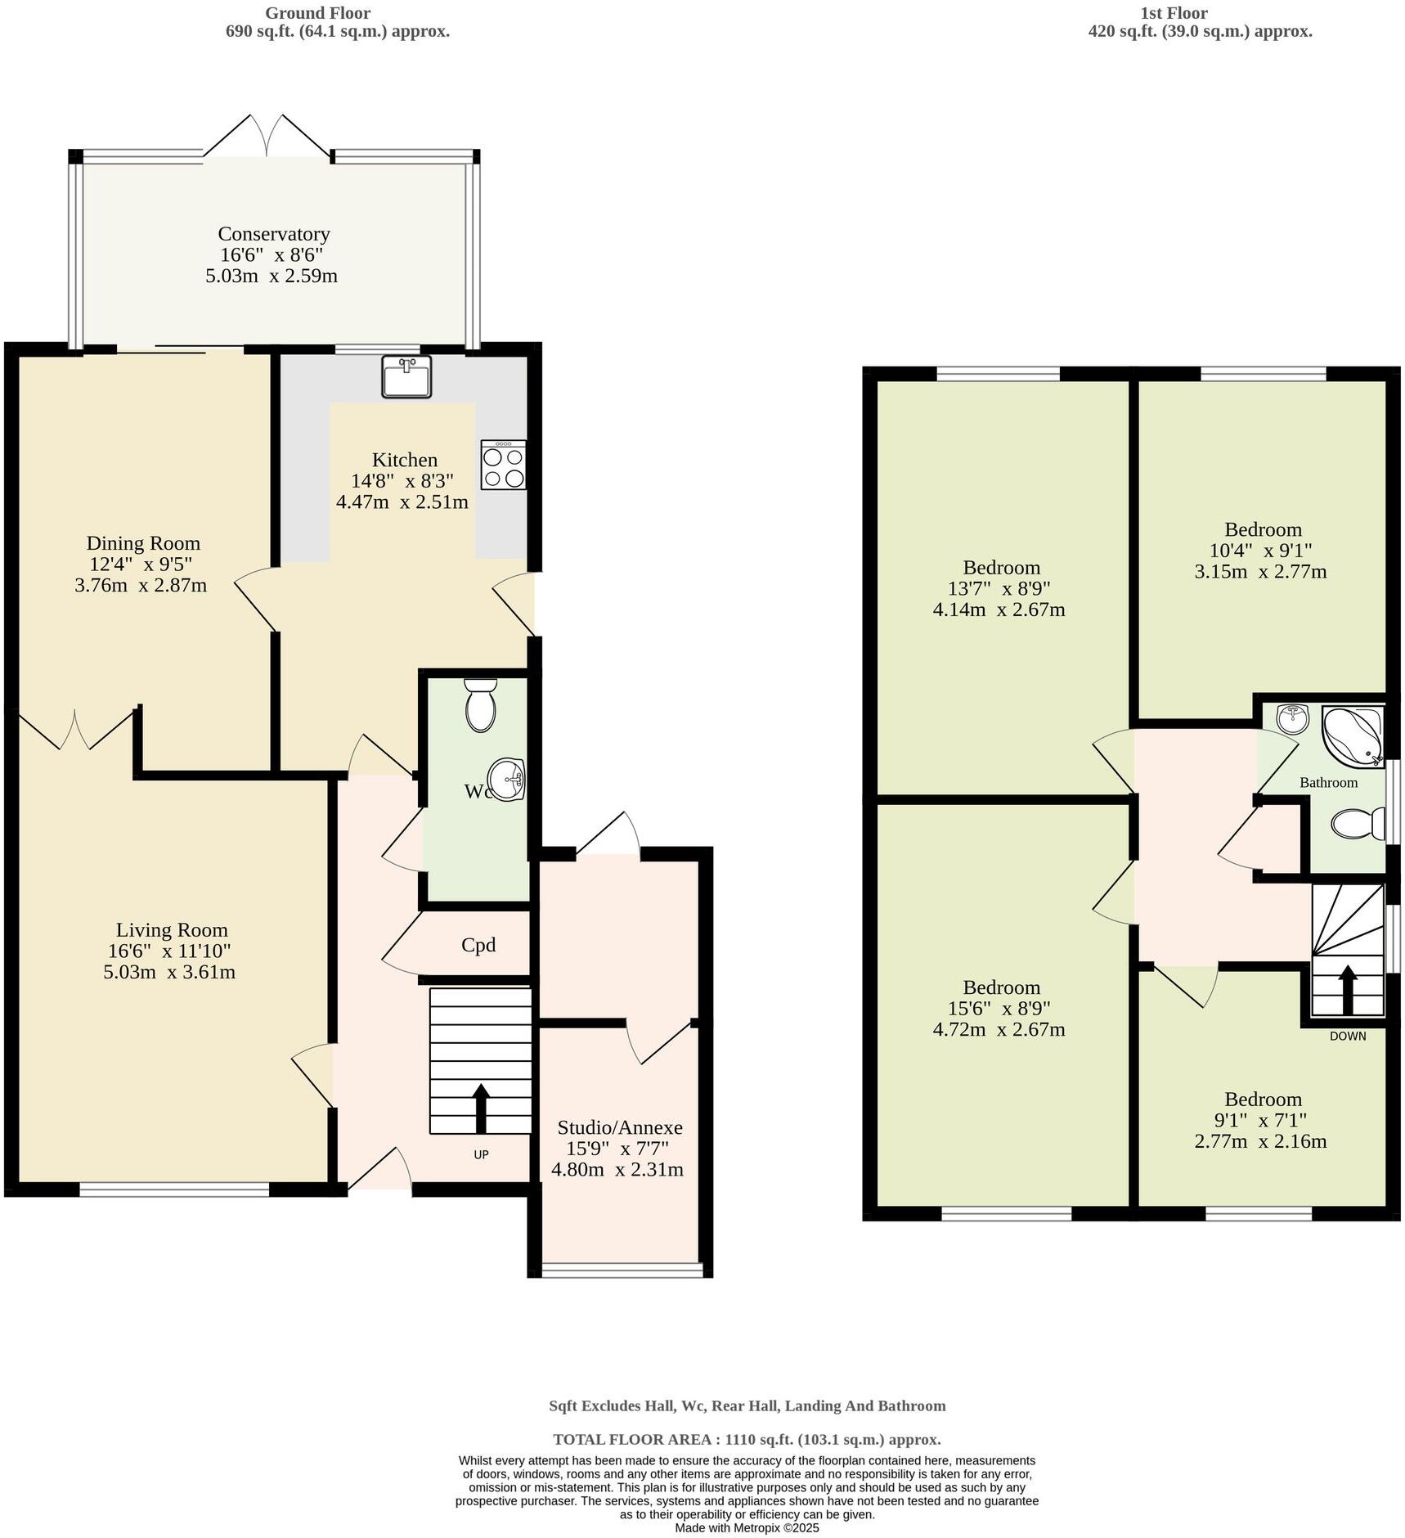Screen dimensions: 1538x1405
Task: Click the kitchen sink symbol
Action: click(x=406, y=376)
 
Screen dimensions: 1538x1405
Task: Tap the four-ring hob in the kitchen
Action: click(x=503, y=465)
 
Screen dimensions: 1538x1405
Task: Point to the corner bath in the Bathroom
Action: click(x=1352, y=736)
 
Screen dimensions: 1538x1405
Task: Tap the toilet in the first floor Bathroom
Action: click(x=1358, y=824)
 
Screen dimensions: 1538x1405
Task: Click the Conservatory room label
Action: click(x=274, y=234)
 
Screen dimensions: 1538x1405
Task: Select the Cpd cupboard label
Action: click(x=478, y=946)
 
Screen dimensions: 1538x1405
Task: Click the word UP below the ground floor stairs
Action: click(x=481, y=1155)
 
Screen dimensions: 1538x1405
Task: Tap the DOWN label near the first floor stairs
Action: click(x=1348, y=1036)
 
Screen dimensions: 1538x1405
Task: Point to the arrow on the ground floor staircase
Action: click(x=481, y=1108)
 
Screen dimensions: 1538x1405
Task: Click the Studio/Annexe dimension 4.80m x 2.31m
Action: click(x=617, y=1170)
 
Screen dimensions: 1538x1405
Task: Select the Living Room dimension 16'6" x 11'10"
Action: click(x=169, y=951)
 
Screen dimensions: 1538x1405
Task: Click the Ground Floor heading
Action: click(x=317, y=13)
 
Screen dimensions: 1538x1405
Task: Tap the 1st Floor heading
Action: click(x=1174, y=13)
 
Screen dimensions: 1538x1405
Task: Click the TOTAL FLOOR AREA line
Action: click(x=747, y=1439)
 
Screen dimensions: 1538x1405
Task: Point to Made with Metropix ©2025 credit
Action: click(x=747, y=1527)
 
